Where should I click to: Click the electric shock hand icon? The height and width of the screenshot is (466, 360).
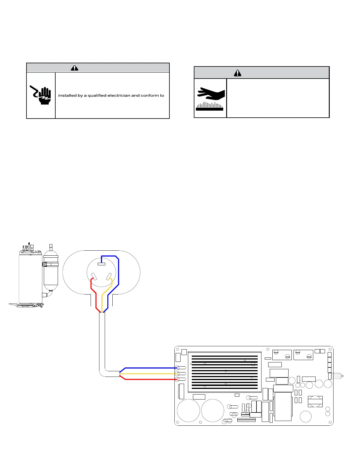pos(41,95)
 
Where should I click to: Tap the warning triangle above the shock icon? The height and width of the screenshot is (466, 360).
pos(74,68)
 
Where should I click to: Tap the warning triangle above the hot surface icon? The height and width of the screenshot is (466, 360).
pos(237,73)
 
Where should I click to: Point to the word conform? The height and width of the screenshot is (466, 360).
pos(150,96)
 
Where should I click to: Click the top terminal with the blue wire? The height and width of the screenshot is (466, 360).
pos(101,264)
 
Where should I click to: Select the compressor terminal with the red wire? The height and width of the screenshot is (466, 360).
pos(94,277)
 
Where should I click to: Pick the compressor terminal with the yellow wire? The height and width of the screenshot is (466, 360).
pos(109,276)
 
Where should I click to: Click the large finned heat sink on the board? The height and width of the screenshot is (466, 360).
pos(225,372)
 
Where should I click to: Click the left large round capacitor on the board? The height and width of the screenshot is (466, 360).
pos(189,411)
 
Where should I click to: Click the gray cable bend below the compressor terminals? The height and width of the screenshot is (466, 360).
pos(103,372)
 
